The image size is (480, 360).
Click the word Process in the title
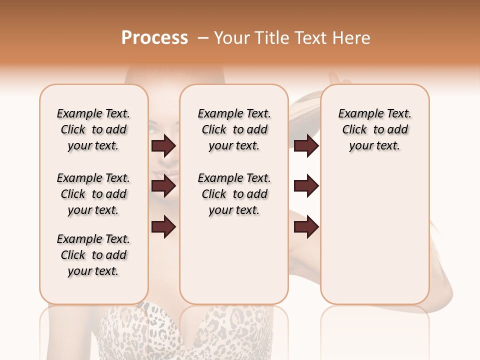(x=154, y=38)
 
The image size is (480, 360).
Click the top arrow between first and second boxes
(x=163, y=146)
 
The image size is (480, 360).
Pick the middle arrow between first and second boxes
(x=163, y=186)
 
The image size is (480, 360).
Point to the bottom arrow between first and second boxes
(x=163, y=227)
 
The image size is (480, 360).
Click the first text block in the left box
(x=93, y=129)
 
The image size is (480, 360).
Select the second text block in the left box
(x=93, y=194)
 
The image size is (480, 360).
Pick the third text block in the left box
(x=93, y=255)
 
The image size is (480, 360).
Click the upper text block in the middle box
(x=234, y=129)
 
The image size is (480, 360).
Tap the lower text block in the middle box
(x=234, y=194)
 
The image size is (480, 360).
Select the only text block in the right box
(x=374, y=129)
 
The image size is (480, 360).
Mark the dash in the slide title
(x=203, y=38)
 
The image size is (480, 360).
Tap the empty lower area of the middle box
(x=234, y=260)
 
